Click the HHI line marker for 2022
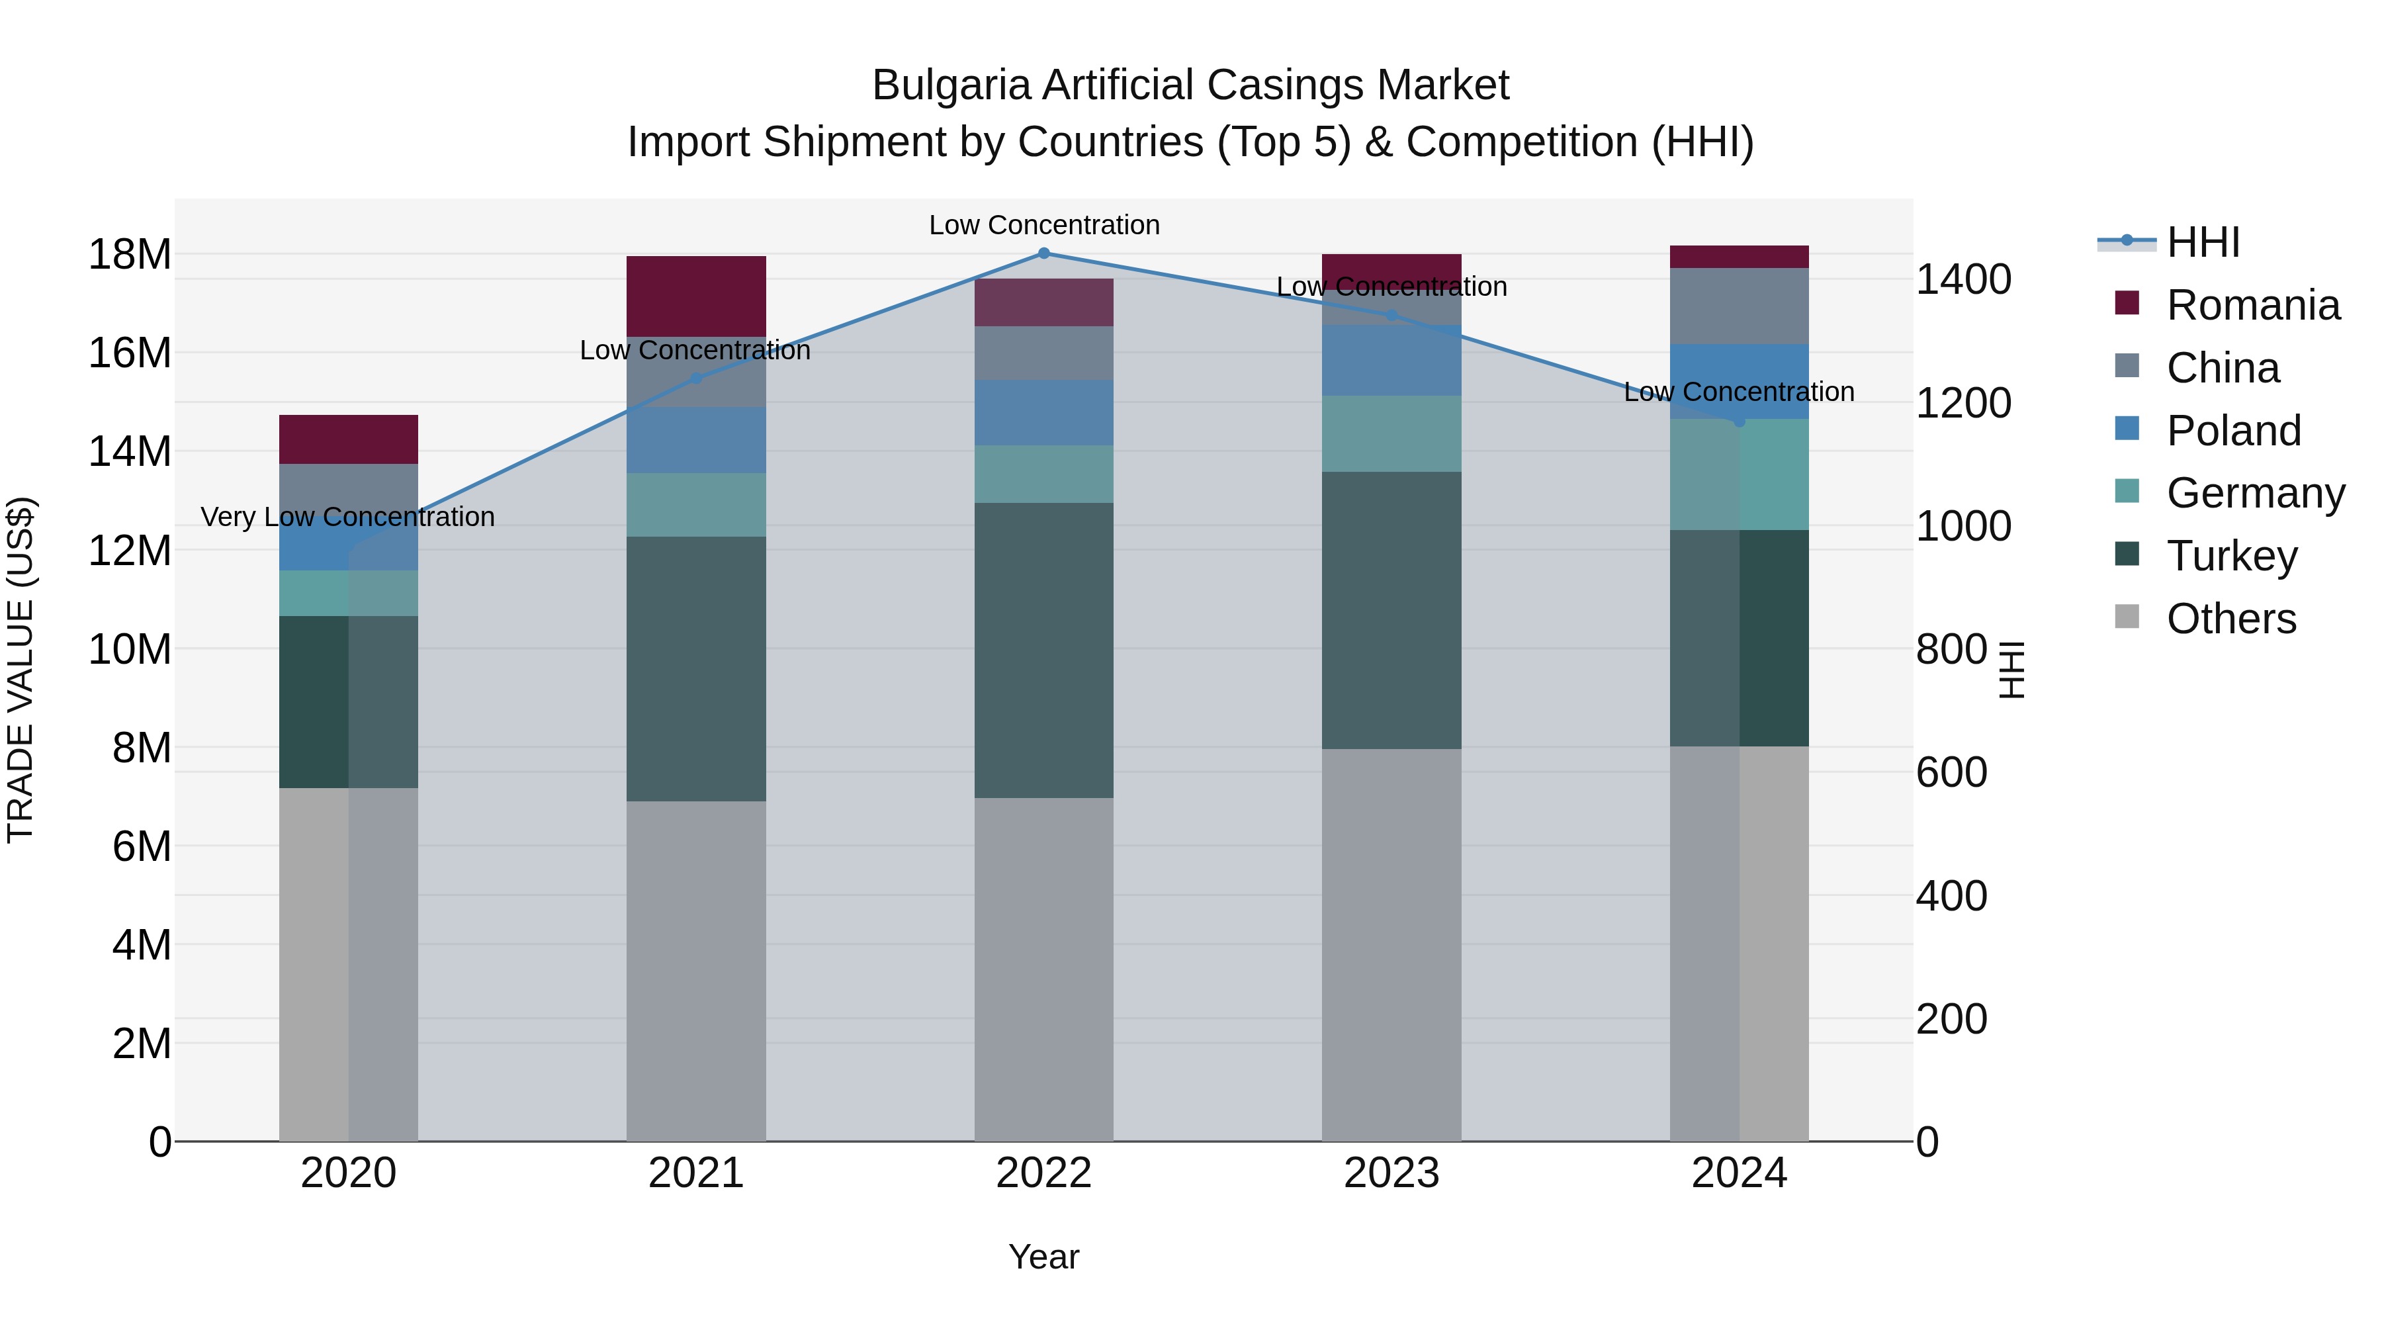point(1044,253)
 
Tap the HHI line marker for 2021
point(696,379)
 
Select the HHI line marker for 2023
point(1391,316)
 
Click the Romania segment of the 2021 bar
point(696,296)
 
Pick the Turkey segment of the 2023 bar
point(1391,610)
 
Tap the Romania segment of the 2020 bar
point(349,439)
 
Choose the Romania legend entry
point(2228,305)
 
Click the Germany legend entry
point(2229,493)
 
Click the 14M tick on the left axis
point(130,452)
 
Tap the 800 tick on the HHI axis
point(1951,649)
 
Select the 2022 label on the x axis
point(1044,1173)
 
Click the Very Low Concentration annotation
point(347,517)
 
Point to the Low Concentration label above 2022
point(1044,225)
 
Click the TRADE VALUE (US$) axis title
point(21,670)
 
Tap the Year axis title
point(1044,1257)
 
